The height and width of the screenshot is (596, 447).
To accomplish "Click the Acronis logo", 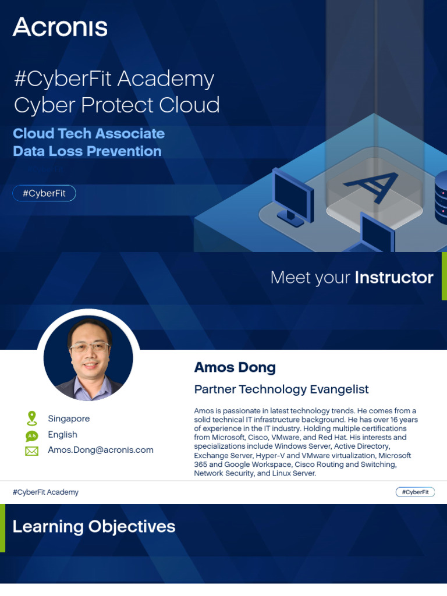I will click(x=60, y=27).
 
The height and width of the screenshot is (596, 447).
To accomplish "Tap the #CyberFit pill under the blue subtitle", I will click(x=44, y=193).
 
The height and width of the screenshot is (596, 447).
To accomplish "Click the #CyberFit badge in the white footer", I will click(x=415, y=492).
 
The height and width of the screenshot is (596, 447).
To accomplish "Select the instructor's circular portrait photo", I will click(x=88, y=358).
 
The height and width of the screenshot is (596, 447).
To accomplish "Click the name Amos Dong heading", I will click(x=235, y=367).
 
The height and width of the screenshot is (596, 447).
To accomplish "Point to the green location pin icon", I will click(x=31, y=418).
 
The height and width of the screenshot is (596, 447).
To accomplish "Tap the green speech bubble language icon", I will click(x=31, y=435).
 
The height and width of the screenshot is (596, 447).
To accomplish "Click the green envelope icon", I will click(x=31, y=450).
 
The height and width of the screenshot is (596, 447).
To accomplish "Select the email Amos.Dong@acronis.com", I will click(x=101, y=450).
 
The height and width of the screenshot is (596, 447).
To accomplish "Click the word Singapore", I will click(x=69, y=418).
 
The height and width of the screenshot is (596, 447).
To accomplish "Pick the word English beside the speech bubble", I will click(x=62, y=434).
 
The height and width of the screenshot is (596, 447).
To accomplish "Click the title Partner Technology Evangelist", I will click(x=281, y=389).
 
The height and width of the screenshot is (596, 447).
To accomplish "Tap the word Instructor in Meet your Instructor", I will click(x=394, y=278).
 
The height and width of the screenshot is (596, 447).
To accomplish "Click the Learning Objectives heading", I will click(x=94, y=527).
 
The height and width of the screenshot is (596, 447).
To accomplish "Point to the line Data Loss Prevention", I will click(x=87, y=151).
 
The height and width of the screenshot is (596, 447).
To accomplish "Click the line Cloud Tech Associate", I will click(x=88, y=133).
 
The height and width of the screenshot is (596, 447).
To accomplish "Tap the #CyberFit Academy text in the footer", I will click(x=45, y=492).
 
